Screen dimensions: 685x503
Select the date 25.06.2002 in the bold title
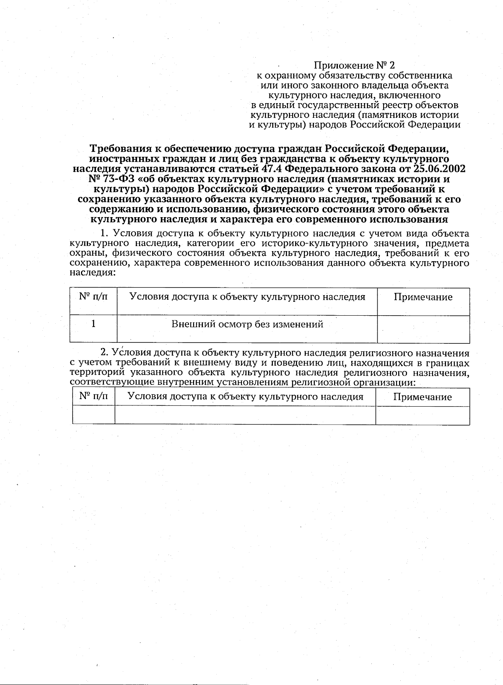pos(439,169)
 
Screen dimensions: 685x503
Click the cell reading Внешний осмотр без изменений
pos(247,324)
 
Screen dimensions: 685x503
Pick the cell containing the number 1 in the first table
pos(93,324)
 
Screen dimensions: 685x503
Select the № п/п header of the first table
pos(93,297)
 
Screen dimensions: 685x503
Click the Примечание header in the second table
pos(423,397)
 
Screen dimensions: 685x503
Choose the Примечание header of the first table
pos(423,297)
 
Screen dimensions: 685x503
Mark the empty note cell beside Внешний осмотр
pos(423,329)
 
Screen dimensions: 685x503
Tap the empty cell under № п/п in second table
pos(93,415)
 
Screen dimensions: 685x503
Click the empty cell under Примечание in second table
pos(423,415)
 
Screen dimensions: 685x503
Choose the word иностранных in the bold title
pos(121,159)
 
